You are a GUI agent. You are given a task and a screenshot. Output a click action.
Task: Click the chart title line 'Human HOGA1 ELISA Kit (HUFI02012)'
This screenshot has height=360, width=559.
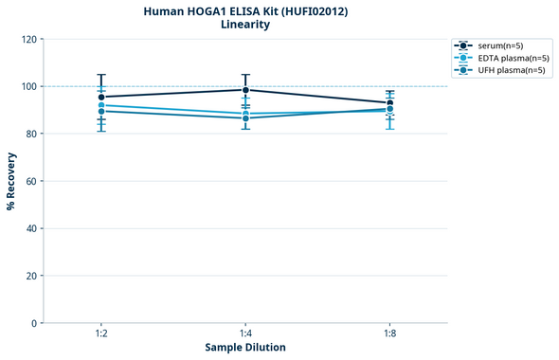pyautogui.click(x=244, y=10)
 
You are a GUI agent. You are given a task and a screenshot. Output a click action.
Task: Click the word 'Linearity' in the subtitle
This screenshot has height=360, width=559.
pyautogui.click(x=244, y=25)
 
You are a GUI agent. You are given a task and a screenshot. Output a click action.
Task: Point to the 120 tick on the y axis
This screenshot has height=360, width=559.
pyautogui.click(x=27, y=39)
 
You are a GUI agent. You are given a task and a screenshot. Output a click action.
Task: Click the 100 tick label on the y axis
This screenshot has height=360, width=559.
pyautogui.click(x=27, y=86)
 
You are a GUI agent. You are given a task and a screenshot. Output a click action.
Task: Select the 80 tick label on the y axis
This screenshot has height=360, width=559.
pyautogui.click(x=30, y=134)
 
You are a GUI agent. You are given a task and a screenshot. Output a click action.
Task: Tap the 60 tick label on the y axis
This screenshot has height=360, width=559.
pyautogui.click(x=30, y=181)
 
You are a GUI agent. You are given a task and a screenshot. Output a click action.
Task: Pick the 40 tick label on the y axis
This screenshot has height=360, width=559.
pyautogui.click(x=30, y=228)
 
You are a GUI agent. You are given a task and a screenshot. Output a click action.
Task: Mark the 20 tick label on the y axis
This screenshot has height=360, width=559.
pyautogui.click(x=30, y=276)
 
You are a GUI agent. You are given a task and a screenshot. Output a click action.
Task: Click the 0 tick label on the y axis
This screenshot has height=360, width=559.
pyautogui.click(x=33, y=323)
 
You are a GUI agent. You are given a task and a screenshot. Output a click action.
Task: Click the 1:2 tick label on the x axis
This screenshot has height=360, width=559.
pyautogui.click(x=101, y=334)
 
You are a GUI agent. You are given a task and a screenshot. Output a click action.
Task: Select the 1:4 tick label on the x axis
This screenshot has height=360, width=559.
pyautogui.click(x=245, y=334)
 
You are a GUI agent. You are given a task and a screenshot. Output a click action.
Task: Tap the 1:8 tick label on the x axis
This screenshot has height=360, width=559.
pyautogui.click(x=390, y=334)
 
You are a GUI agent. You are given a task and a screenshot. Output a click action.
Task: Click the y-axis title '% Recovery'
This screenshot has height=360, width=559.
pyautogui.click(x=10, y=181)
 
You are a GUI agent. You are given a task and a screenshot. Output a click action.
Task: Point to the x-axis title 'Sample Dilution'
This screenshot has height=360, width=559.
pyautogui.click(x=245, y=348)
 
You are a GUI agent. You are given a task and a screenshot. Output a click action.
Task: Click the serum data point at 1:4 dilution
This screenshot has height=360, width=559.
pyautogui.click(x=245, y=90)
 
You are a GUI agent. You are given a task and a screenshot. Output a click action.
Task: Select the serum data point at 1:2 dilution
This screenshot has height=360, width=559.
pyautogui.click(x=101, y=97)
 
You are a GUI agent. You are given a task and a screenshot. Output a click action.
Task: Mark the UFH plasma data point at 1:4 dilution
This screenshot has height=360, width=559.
pyautogui.click(x=245, y=117)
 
